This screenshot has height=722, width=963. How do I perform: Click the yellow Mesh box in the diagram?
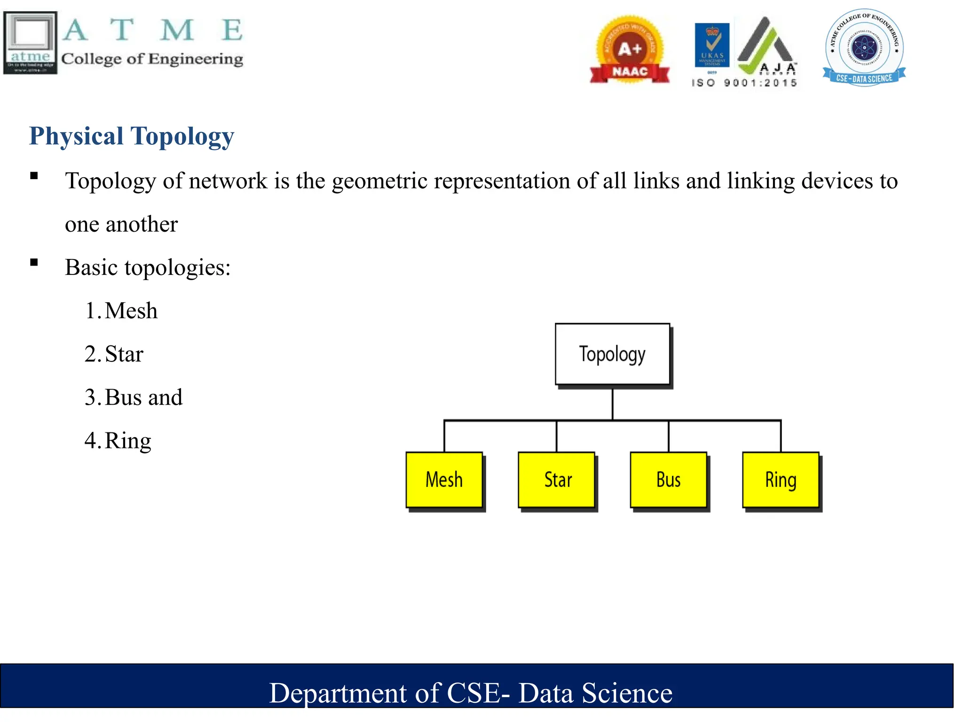pyautogui.click(x=444, y=480)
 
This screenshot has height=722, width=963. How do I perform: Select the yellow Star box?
pyautogui.click(x=557, y=480)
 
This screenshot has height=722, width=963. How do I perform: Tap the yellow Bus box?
pyautogui.click(x=669, y=480)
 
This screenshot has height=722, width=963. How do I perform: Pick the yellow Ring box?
pyautogui.click(x=781, y=480)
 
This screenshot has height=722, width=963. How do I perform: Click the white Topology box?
pyautogui.click(x=612, y=354)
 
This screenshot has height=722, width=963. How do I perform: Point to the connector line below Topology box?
pyautogui.click(x=612, y=403)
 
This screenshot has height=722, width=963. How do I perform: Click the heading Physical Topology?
pyautogui.click(x=132, y=136)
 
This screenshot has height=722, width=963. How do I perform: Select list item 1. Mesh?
pyautogui.click(x=121, y=311)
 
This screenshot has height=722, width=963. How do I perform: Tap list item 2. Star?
pyautogui.click(x=114, y=354)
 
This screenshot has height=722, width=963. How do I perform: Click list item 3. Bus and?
pyautogui.click(x=134, y=397)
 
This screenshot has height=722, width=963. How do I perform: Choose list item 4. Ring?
pyautogui.click(x=118, y=440)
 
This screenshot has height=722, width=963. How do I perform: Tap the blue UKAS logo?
pyautogui.click(x=712, y=45)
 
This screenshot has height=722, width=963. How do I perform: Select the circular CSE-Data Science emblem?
pyautogui.click(x=864, y=47)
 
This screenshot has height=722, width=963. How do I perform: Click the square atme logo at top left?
pyautogui.click(x=31, y=43)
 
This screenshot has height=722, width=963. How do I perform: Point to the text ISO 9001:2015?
pyautogui.click(x=744, y=83)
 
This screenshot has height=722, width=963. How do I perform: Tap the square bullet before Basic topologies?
pyautogui.click(x=34, y=262)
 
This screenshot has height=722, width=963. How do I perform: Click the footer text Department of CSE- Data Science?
pyautogui.click(x=471, y=693)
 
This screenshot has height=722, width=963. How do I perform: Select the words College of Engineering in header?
pyautogui.click(x=152, y=59)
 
